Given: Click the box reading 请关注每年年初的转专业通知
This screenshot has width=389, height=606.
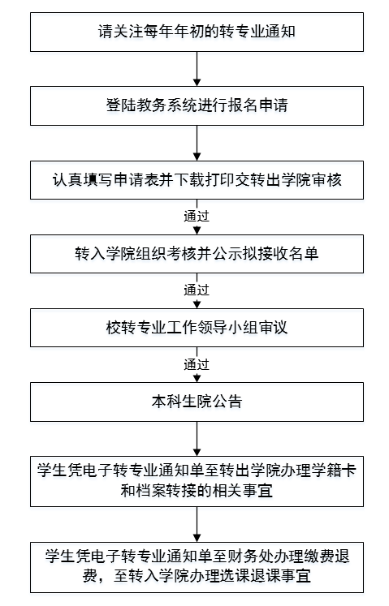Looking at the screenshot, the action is click(x=197, y=32).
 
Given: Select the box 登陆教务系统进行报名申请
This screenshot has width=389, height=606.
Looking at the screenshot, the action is click(x=197, y=106).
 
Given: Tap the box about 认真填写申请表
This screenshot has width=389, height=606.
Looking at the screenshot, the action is click(x=197, y=180).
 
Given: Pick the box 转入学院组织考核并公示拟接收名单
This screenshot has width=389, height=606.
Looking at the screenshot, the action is click(x=197, y=254).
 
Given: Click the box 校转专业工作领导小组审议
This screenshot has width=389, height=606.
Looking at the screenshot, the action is click(x=197, y=328).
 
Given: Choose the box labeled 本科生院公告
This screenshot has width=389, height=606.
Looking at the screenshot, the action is click(x=197, y=402).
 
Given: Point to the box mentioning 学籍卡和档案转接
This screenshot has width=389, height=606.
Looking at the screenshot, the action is click(x=197, y=481).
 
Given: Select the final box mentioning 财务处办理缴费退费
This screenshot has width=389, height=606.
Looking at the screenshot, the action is click(x=197, y=567).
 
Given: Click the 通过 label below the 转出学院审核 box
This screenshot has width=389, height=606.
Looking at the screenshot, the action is click(x=197, y=216).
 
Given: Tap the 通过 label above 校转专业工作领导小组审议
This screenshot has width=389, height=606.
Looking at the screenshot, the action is click(x=197, y=290).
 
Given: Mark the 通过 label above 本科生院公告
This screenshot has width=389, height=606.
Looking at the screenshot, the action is click(x=197, y=364).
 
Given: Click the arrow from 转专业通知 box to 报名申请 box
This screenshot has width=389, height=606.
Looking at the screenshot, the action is click(x=197, y=69).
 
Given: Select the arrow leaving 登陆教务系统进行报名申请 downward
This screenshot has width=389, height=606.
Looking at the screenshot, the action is click(x=197, y=143).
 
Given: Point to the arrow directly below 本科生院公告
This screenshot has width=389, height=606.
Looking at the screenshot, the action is click(x=197, y=439).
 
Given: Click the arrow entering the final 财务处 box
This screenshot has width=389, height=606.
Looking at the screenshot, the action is click(x=197, y=524).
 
